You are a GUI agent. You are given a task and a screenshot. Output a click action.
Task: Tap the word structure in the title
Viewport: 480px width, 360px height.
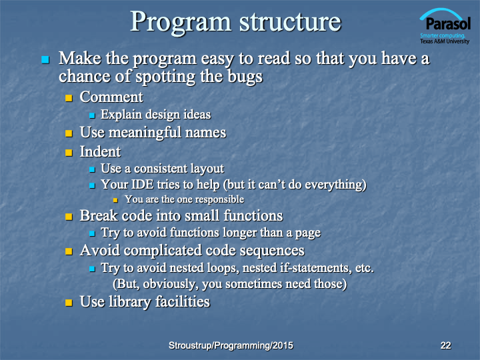pos(290,23)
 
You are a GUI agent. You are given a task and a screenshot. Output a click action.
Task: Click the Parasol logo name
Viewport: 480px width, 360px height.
pos(448,23)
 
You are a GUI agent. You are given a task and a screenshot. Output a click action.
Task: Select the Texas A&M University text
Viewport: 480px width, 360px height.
pos(445,41)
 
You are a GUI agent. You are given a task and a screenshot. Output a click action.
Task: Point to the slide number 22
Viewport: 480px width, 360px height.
pos(446,345)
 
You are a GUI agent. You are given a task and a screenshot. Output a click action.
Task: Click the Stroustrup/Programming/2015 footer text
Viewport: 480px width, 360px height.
pos(231,345)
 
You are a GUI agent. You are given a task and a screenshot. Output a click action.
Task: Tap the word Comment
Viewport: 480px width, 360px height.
pos(111,97)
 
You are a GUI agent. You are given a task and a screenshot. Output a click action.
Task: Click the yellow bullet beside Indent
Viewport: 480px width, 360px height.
pos(69,153)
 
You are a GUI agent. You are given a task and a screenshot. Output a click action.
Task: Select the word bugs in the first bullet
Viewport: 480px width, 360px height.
pos(245,77)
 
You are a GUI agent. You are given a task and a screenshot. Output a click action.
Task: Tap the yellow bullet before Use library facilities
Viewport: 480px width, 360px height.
pos(69,303)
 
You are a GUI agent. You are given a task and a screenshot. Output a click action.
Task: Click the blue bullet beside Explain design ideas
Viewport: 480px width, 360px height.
pos(92,115)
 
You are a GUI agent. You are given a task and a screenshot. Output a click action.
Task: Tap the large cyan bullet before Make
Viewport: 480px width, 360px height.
pos(45,59)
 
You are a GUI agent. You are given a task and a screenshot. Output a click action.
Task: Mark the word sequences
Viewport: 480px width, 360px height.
pos(272,251)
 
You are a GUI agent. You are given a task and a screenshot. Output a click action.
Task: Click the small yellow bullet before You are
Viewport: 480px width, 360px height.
pos(115,200)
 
